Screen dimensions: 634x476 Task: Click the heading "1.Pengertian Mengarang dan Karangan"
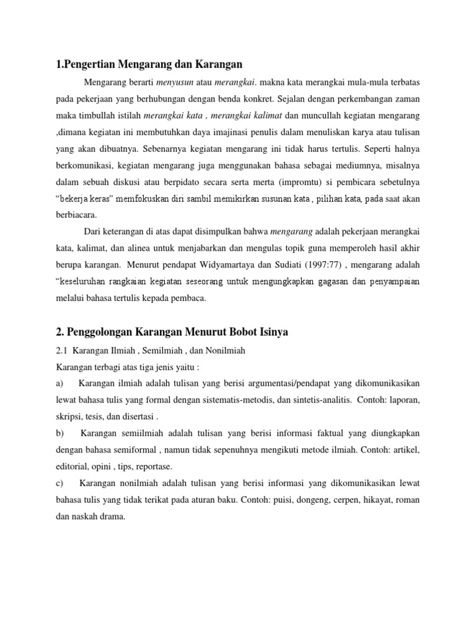tap(148, 63)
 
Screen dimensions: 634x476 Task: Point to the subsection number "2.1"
tap(62, 350)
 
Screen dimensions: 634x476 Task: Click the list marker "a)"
tap(59, 384)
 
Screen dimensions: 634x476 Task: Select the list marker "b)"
tap(60, 433)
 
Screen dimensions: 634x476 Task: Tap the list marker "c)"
tap(59, 482)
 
